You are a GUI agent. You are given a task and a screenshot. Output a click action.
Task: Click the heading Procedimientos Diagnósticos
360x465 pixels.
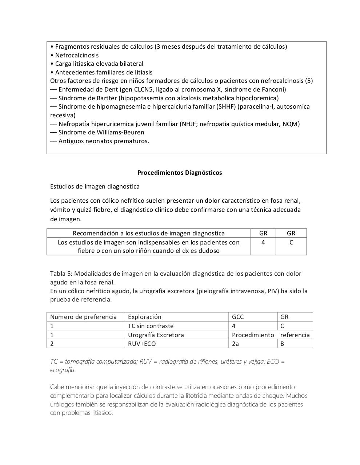pyautogui.click(x=180, y=173)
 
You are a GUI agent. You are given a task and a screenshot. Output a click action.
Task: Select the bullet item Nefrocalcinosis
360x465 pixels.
pyautogui.click(x=77, y=55)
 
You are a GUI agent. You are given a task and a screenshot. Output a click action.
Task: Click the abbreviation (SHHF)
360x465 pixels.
pyautogui.click(x=226, y=106)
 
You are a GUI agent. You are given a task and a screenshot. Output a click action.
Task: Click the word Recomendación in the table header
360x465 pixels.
pyautogui.click(x=95, y=233)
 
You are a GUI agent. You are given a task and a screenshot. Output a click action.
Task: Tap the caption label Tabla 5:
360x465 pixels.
pyautogui.click(x=61, y=274)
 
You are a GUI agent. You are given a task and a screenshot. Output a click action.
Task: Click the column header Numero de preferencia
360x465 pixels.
pyautogui.click(x=83, y=317)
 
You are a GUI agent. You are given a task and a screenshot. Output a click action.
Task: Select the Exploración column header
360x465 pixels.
pyautogui.click(x=144, y=317)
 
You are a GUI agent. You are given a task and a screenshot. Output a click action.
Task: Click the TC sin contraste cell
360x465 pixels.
pyautogui.click(x=151, y=326)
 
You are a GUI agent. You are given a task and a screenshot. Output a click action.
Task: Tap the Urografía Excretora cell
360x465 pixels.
pyautogui.click(x=156, y=335)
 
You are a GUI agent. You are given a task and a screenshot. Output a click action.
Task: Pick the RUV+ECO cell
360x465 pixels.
pyautogui.click(x=142, y=344)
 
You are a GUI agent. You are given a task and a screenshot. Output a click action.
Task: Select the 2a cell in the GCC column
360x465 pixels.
pyautogui.click(x=235, y=344)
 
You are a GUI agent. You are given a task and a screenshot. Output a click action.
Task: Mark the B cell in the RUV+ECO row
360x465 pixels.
pyautogui.click(x=282, y=344)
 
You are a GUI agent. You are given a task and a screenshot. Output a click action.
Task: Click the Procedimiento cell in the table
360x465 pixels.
pyautogui.click(x=253, y=335)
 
